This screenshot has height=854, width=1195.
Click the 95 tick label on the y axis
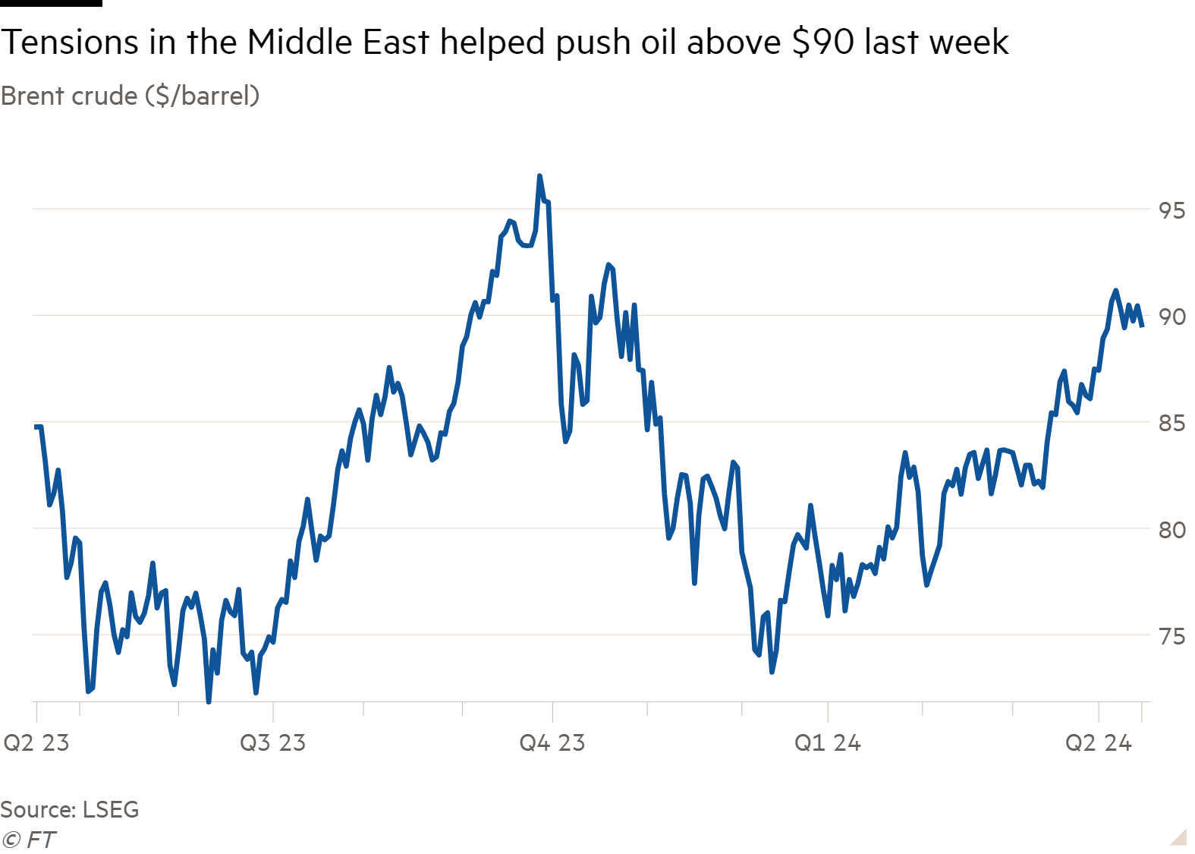(1171, 210)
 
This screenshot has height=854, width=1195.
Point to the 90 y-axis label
(1171, 317)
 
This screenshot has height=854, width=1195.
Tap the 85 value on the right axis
(1171, 423)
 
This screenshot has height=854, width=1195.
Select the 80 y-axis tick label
(1171, 530)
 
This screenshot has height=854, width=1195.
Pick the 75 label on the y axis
(1171, 636)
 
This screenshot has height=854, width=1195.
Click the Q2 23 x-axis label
(36, 742)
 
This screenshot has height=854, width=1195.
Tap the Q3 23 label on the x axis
(272, 742)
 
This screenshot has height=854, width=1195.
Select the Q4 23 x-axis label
(552, 742)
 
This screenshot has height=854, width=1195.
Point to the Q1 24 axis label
(827, 742)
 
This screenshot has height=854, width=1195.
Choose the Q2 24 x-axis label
(1098, 742)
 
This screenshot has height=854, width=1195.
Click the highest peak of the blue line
(539, 176)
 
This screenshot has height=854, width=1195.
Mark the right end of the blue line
(1142, 326)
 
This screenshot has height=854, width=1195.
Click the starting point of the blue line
(36, 426)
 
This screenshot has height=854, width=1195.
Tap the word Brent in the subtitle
(31, 96)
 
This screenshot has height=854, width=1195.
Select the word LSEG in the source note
(111, 810)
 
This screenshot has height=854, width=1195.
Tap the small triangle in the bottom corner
(1178, 837)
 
